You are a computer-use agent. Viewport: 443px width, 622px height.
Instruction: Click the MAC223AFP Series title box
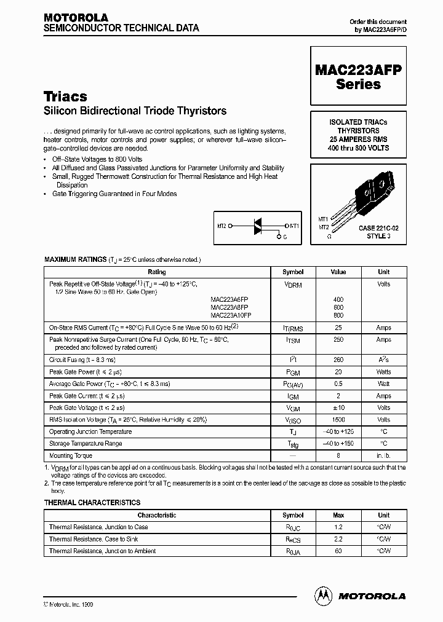(358, 77)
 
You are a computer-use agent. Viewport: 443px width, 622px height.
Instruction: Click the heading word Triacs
(65, 96)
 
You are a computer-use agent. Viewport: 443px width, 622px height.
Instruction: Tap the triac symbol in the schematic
(259, 226)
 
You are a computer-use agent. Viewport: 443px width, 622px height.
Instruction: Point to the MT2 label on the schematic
(220, 226)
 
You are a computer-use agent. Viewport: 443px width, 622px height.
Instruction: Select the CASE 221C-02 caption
(378, 228)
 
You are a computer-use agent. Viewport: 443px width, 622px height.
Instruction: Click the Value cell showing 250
(338, 339)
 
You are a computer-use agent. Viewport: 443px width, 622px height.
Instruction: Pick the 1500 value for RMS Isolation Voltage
(338, 419)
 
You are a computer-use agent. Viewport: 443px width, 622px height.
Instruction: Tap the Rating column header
(157, 272)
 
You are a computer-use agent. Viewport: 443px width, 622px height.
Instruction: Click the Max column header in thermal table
(338, 515)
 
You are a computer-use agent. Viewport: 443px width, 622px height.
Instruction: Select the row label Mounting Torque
(71, 455)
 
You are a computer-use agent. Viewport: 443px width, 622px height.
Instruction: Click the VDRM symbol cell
(293, 285)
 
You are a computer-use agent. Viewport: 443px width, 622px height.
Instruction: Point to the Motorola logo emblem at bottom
(323, 595)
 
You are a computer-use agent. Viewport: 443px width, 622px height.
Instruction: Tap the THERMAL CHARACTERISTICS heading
(92, 503)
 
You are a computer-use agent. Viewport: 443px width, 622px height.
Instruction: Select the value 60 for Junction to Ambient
(338, 551)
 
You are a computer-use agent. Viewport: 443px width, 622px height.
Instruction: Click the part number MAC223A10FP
(231, 315)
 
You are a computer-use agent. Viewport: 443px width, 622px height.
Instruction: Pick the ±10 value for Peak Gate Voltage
(338, 407)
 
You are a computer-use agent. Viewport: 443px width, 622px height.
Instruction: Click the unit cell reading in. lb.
(383, 456)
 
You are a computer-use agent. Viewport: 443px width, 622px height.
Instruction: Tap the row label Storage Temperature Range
(86, 443)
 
